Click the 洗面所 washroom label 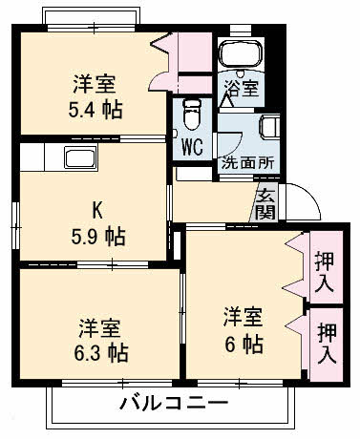coord(247,161)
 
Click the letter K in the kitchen coord(95,208)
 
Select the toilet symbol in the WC coord(191,114)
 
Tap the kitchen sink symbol coord(76,158)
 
